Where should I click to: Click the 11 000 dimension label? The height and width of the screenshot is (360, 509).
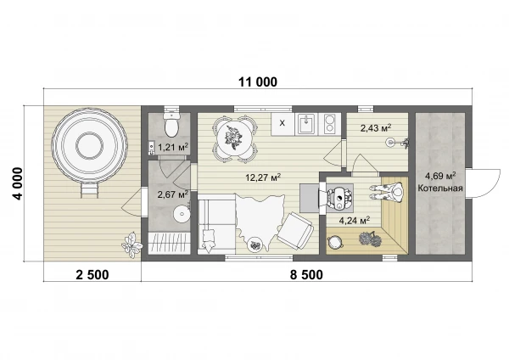click(x=258, y=82)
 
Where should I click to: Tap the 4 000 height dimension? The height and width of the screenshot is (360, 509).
click(x=18, y=183)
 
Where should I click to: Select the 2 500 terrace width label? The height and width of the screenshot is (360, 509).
click(x=92, y=275)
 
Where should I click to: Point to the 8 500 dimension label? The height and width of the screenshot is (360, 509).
click(x=306, y=275)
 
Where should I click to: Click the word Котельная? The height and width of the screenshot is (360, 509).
click(x=440, y=188)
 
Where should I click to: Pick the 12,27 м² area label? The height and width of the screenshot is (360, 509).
click(x=263, y=177)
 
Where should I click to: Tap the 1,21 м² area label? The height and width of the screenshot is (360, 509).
click(x=173, y=148)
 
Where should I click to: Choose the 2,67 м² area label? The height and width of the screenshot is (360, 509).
click(x=173, y=194)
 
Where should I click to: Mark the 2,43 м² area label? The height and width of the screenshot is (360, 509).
click(x=376, y=128)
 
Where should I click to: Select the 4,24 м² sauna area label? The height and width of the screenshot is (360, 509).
click(x=355, y=221)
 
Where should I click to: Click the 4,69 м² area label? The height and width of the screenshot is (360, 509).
click(x=440, y=177)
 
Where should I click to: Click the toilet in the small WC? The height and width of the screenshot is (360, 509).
click(x=171, y=124)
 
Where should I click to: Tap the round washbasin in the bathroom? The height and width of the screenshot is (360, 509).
click(x=182, y=214)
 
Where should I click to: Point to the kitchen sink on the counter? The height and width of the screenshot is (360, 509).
click(x=306, y=124)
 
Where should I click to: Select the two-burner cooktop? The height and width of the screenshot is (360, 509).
click(x=330, y=124)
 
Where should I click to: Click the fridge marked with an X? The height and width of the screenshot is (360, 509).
click(x=282, y=124)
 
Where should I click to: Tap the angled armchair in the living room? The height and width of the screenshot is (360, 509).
click(x=295, y=231)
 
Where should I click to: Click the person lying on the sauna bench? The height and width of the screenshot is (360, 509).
click(x=386, y=192)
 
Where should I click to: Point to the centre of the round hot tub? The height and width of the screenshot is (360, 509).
click(x=90, y=145)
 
